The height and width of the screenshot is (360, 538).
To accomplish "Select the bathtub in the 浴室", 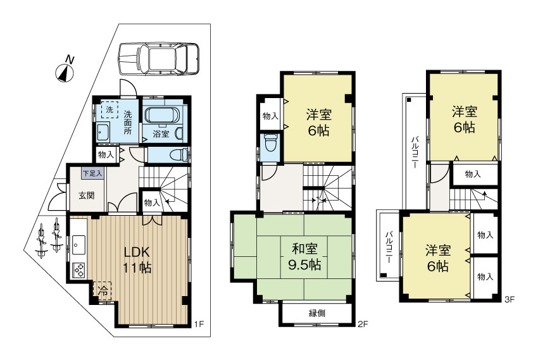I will pos(163,116).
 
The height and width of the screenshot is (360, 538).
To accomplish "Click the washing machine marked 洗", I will pos(109,109).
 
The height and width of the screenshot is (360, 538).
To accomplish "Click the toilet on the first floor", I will pos(180,154).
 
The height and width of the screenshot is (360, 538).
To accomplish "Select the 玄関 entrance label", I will pos(87,195).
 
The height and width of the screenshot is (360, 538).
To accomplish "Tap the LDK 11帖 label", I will pos(137,259).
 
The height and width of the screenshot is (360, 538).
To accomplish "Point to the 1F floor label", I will pos(198,325).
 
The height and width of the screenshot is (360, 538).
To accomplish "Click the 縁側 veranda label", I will pos(317,313).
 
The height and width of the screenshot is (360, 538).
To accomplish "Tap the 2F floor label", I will pos(362,325).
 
